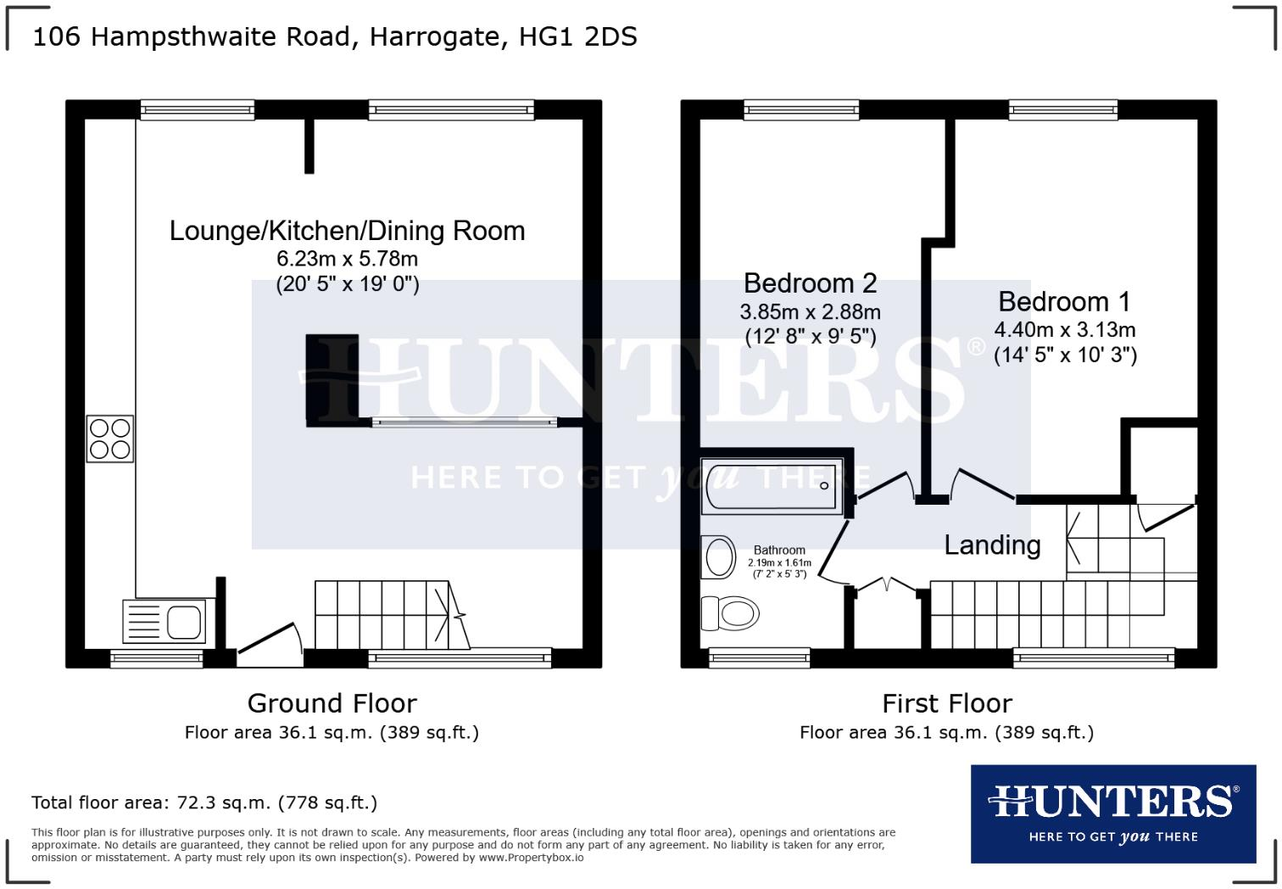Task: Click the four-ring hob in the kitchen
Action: (110, 439)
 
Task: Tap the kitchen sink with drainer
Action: (164, 621)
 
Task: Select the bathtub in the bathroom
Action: (772, 486)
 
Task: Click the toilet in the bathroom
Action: (728, 612)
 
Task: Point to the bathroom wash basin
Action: (720, 557)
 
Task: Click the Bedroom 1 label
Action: (1064, 302)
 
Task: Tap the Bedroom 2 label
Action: (810, 282)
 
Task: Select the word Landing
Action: (992, 545)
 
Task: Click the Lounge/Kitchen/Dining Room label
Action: (347, 231)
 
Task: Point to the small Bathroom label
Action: (779, 551)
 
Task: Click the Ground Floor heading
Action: (332, 703)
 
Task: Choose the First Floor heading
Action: (947, 703)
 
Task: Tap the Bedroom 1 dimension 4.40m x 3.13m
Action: (1065, 330)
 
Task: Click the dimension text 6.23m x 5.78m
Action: (348, 260)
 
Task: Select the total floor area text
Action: (204, 802)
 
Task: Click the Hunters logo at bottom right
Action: (1112, 814)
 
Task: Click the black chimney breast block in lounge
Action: (332, 379)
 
